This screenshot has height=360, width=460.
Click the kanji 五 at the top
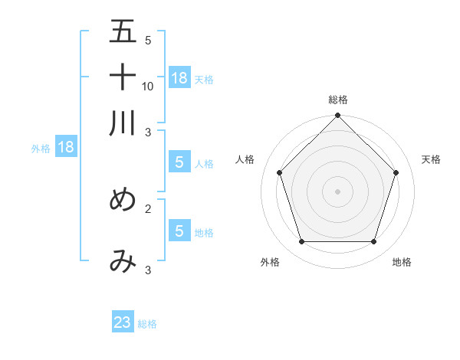[123, 33]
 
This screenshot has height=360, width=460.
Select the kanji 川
[123, 122]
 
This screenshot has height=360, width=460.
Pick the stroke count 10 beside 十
[148, 87]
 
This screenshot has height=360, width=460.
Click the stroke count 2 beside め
[148, 208]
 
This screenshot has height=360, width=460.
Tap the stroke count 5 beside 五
[148, 41]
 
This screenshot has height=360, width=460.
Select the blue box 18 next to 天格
[179, 77]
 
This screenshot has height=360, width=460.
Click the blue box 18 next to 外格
[66, 147]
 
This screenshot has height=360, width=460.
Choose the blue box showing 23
[123, 322]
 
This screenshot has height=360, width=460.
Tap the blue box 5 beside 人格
[179, 162]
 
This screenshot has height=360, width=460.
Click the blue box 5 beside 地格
[179, 231]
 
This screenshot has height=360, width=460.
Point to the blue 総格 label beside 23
[147, 324]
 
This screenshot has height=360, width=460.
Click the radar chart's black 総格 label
[337, 100]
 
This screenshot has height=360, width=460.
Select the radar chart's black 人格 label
[245, 159]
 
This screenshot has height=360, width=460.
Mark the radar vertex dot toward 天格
[396, 172]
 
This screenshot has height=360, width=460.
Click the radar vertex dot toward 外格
[301, 242]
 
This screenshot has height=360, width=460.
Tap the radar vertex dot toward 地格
[374, 242]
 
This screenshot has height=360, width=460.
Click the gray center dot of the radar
[337, 191]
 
